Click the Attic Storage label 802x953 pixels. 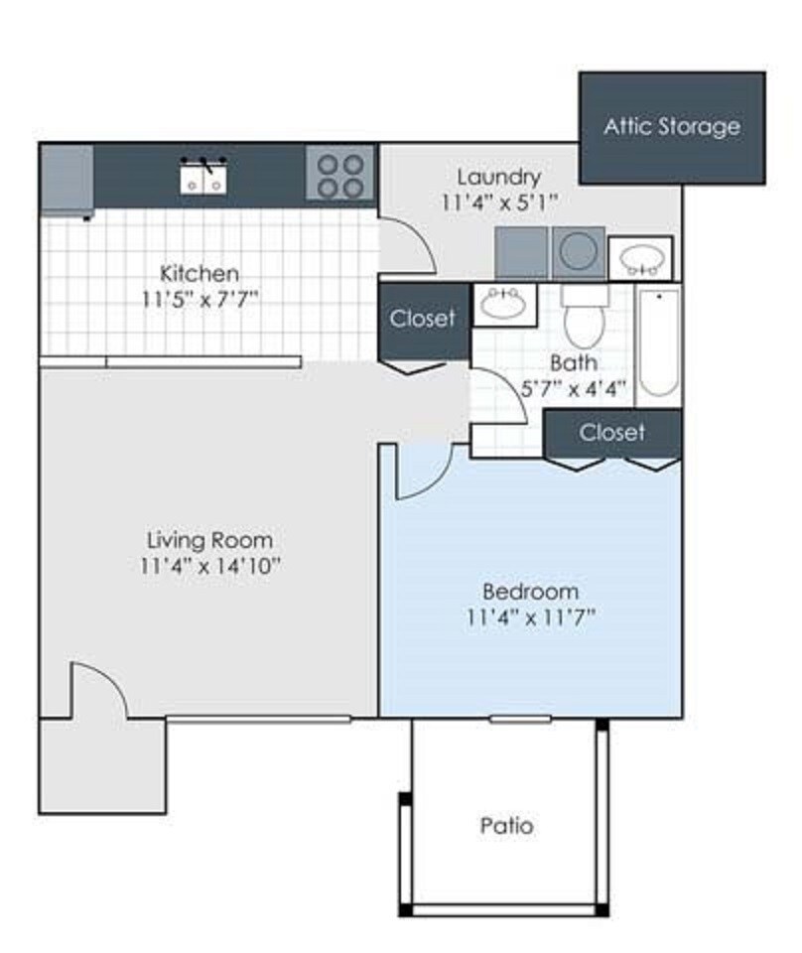coord(672,127)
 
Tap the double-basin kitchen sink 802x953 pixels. coord(204,179)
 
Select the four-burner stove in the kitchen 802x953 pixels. coord(339,176)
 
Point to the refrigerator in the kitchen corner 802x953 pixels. coord(67,180)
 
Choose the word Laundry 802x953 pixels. coord(499,178)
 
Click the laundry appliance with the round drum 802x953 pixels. coord(578,253)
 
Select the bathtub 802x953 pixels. coord(658,344)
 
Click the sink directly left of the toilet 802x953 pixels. coord(504,303)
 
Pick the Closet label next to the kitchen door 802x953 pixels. coord(423,319)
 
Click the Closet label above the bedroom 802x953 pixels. coord(612,433)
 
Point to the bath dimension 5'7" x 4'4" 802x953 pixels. coord(574,389)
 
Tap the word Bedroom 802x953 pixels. coord(530,591)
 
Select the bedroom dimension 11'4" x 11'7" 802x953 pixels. coord(530,617)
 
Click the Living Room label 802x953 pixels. coord(208,541)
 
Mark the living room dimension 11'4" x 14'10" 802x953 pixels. coord(211,567)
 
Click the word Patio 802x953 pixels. coord(506,825)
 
